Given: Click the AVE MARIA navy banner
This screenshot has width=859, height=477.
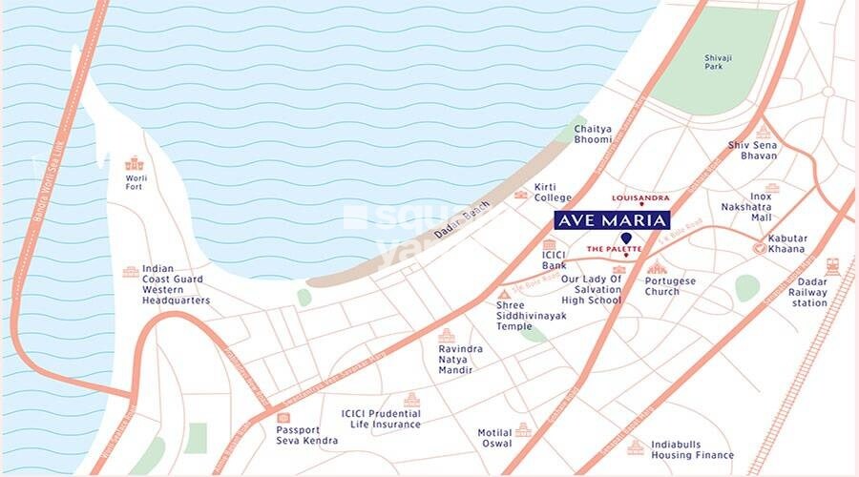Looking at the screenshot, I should pos(612,219).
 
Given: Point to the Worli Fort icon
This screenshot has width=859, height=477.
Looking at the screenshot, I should pos(135,163).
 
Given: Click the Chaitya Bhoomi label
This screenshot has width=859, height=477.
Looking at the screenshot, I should pos(593,135).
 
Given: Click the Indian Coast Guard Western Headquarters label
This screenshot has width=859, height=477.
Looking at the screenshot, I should pos(176,285).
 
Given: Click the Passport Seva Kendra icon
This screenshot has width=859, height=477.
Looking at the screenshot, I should pos(283,417).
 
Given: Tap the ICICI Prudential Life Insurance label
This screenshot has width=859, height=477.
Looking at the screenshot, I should pos(381,419).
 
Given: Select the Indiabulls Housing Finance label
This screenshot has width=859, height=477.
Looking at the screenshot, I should pos(692,450).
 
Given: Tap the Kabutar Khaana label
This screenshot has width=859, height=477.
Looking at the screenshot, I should pos(787,243).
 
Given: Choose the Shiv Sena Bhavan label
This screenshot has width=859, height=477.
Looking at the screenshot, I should pos(752,150).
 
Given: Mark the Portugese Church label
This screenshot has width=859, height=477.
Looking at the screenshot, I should pos(670,286).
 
